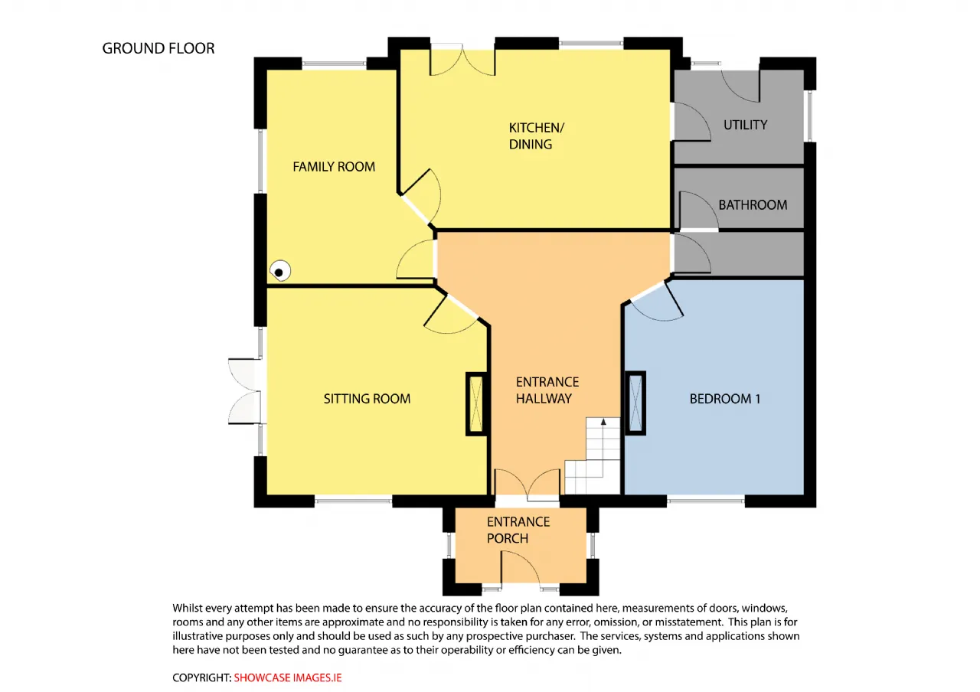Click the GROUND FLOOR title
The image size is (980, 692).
point(158,48)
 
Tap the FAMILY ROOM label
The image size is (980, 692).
point(334,167)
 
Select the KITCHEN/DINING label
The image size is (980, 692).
point(537,136)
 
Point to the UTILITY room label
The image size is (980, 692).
point(745,125)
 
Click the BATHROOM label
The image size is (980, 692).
point(753,204)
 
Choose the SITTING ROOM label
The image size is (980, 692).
point(367,399)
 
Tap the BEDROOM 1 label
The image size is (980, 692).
point(724,399)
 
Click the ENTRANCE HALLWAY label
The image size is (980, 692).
point(547,390)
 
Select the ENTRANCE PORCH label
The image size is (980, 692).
point(518,530)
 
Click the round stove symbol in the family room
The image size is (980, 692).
point(280,271)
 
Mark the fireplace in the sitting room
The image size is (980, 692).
point(476,403)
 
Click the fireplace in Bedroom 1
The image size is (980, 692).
point(635,403)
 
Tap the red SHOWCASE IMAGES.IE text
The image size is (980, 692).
point(287,677)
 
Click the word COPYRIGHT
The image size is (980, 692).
point(201,677)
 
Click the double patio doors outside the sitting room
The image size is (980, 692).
point(245,391)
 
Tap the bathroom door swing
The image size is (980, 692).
point(699,211)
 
